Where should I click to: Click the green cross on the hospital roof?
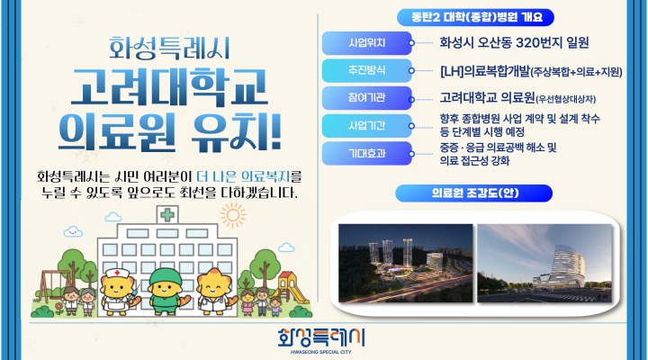(x=166, y=215)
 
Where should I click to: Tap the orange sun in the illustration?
(x=234, y=217)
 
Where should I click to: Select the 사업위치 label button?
(x=368, y=41)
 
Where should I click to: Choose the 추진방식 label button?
(x=368, y=70)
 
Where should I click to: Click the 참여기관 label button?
(x=368, y=98)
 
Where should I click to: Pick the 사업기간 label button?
(x=368, y=125)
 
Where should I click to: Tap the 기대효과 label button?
(x=368, y=154)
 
